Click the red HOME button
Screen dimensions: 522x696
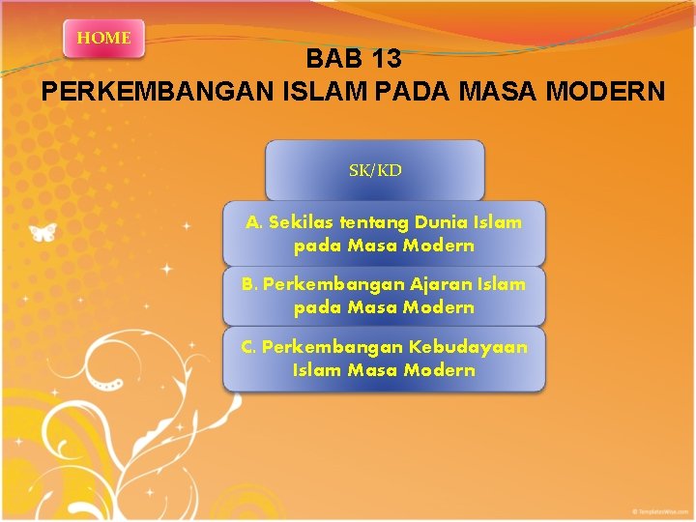[103, 39]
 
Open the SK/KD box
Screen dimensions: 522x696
[375, 171]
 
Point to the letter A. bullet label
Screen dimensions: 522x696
[254, 222]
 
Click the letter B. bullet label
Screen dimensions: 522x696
[249, 284]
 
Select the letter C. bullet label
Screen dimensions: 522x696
[249, 346]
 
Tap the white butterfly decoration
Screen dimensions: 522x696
[43, 232]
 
